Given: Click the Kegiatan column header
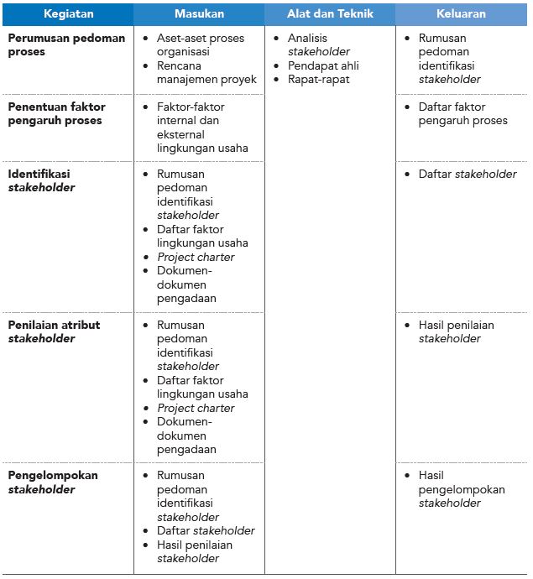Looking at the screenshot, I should [x=69, y=14].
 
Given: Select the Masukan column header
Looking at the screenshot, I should [x=199, y=14].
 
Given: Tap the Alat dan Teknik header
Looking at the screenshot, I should [x=330, y=14].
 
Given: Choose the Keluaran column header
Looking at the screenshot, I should [x=461, y=14].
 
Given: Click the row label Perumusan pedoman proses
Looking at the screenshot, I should [x=66, y=44].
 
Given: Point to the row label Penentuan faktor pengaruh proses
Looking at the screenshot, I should [x=55, y=113].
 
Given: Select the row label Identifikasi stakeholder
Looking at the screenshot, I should [x=42, y=180].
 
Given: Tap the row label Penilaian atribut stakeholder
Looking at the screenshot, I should [x=54, y=331].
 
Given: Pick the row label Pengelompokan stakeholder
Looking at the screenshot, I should [x=53, y=482].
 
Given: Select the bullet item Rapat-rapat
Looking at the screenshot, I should [x=319, y=80].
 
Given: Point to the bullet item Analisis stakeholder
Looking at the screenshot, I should [x=319, y=44].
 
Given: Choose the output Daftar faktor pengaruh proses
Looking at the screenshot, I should [x=462, y=113].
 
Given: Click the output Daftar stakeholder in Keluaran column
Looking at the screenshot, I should [x=468, y=174].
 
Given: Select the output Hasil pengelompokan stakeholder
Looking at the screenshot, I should [x=461, y=489].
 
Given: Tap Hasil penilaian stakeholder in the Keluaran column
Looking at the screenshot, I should [x=456, y=331].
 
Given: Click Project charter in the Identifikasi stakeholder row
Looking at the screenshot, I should [x=196, y=257].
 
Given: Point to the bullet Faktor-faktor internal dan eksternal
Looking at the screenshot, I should [x=201, y=128].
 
